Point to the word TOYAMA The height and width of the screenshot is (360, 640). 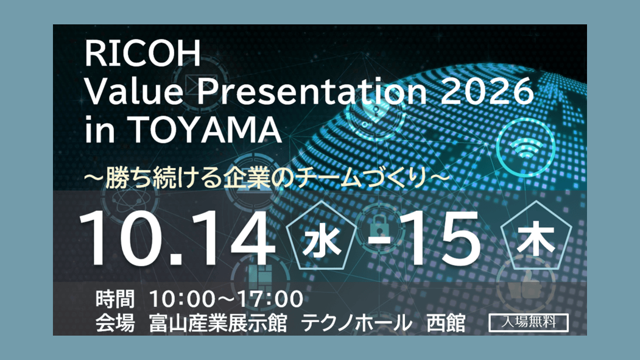206,129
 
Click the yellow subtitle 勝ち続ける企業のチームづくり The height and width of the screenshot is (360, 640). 267,178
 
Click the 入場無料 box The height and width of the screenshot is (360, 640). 529,322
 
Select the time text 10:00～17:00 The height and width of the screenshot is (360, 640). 226,298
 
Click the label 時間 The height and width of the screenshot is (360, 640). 115,298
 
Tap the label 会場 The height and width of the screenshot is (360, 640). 115,323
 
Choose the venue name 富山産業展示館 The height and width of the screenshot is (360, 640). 218,323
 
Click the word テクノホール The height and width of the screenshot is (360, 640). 357,323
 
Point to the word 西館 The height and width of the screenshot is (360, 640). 446,323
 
